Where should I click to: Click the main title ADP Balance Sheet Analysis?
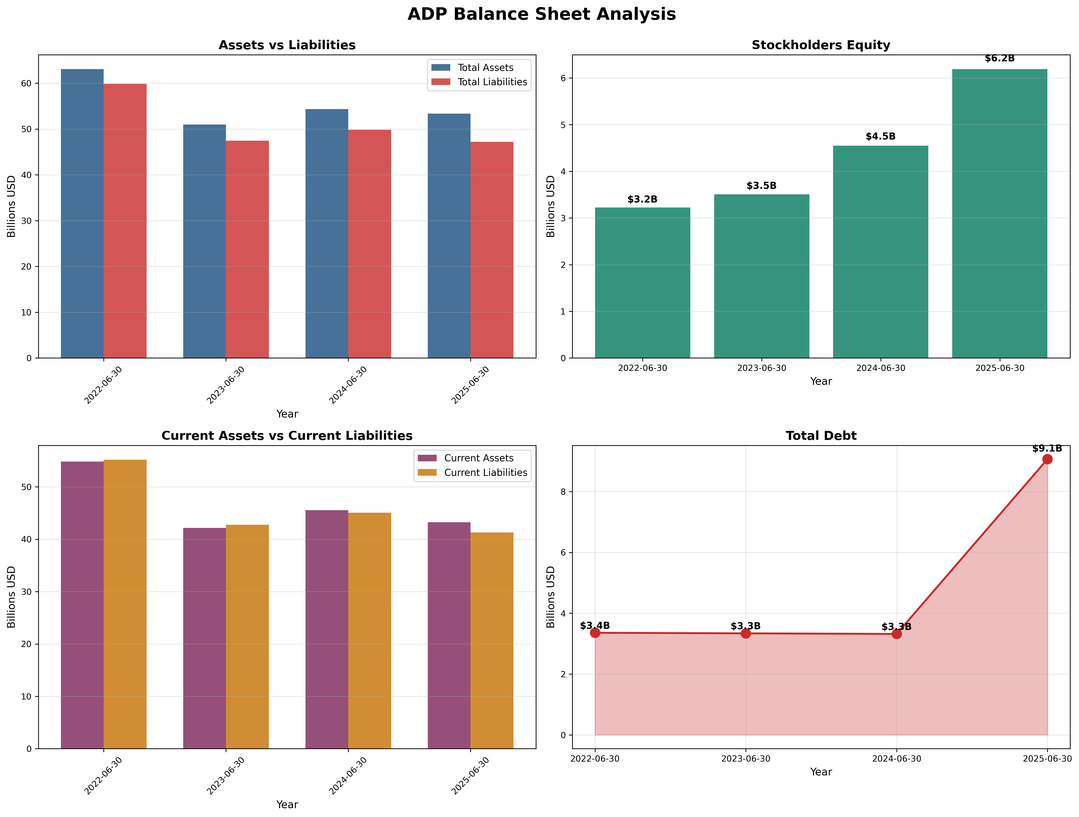point(541,14)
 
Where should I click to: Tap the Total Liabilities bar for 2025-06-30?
point(492,250)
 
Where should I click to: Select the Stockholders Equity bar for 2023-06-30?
point(761,276)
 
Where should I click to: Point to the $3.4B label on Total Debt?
point(595,626)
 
